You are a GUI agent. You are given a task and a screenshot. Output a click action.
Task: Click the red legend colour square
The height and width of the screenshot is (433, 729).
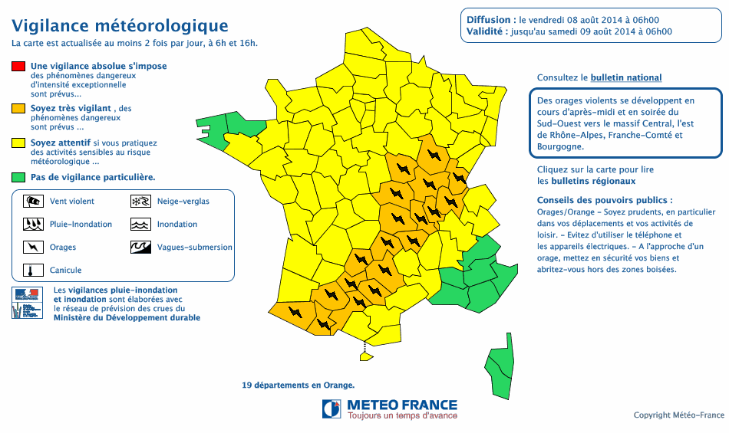18,67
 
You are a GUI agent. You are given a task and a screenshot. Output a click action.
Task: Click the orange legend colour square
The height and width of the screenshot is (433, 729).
18,109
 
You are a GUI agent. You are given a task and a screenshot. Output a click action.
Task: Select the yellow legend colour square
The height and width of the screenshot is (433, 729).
18,143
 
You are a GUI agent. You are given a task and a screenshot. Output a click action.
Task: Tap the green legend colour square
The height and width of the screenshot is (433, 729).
18,177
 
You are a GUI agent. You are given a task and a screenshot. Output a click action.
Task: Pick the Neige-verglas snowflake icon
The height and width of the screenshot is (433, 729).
140,202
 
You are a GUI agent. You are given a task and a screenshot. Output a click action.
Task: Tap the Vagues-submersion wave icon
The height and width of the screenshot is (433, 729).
140,248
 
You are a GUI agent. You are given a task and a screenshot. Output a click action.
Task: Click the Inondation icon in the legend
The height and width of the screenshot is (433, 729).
140,225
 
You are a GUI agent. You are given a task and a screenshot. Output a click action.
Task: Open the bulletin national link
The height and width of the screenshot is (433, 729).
625,78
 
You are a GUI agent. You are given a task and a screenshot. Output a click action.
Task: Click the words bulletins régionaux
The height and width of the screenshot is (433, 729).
586,182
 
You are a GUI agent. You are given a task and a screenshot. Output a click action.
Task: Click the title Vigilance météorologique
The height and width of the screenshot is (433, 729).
120,27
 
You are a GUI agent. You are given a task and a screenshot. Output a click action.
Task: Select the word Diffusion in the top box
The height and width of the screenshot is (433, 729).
489,20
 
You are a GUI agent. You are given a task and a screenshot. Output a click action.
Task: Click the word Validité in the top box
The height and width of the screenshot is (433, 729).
486,32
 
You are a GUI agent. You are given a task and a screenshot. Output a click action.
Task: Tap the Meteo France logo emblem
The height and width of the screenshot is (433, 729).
332,408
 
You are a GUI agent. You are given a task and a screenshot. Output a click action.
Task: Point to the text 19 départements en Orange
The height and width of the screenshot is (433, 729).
299,385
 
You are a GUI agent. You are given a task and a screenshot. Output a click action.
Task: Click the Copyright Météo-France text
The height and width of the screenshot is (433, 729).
678,415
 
